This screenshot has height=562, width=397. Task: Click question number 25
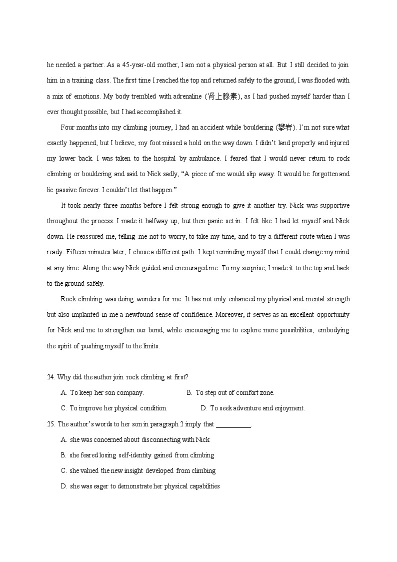[51, 424]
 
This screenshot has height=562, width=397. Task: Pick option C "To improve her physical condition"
[118, 408]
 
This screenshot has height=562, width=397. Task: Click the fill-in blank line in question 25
[233, 425]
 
